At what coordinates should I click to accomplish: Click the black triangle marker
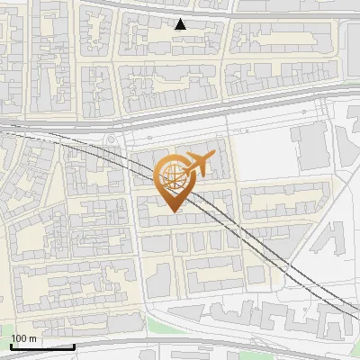pyautogui.click(x=182, y=24)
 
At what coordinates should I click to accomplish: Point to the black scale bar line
pyautogui.click(x=42, y=346)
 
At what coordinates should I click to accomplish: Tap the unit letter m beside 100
pyautogui.click(x=32, y=338)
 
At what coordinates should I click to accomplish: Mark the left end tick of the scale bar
pyautogui.click(x=11, y=345)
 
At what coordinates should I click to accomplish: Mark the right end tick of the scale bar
pyautogui.click(x=74, y=345)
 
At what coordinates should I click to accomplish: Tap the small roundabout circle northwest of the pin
pyautogui.click(x=112, y=139)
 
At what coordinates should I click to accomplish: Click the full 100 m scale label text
pyautogui.click(x=24, y=338)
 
